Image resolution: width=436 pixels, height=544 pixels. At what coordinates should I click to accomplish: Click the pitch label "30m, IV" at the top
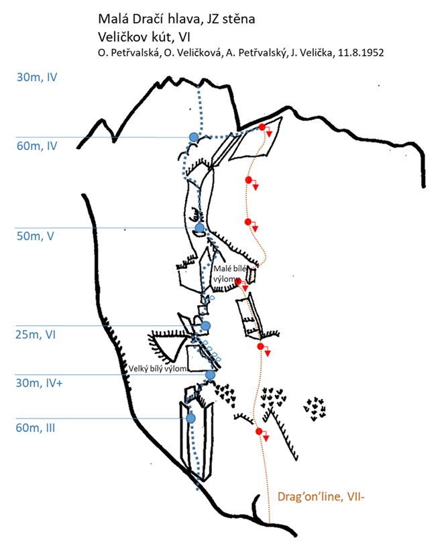tap(36, 77)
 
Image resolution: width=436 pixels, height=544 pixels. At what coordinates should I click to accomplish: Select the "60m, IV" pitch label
tap(38, 146)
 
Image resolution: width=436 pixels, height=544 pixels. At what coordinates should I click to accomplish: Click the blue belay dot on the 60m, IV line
tap(194, 137)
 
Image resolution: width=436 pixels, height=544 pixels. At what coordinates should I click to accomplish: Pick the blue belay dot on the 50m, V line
tap(199, 228)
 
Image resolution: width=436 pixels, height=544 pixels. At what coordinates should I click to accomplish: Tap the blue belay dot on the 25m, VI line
tap(206, 326)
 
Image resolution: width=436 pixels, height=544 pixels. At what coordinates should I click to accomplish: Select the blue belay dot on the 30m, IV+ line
tap(210, 375)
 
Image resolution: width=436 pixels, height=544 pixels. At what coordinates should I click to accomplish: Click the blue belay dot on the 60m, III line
tap(190, 418)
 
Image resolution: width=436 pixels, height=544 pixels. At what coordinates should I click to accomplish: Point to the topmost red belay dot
tap(262, 127)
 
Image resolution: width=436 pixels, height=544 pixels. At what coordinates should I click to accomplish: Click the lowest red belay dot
tap(259, 431)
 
